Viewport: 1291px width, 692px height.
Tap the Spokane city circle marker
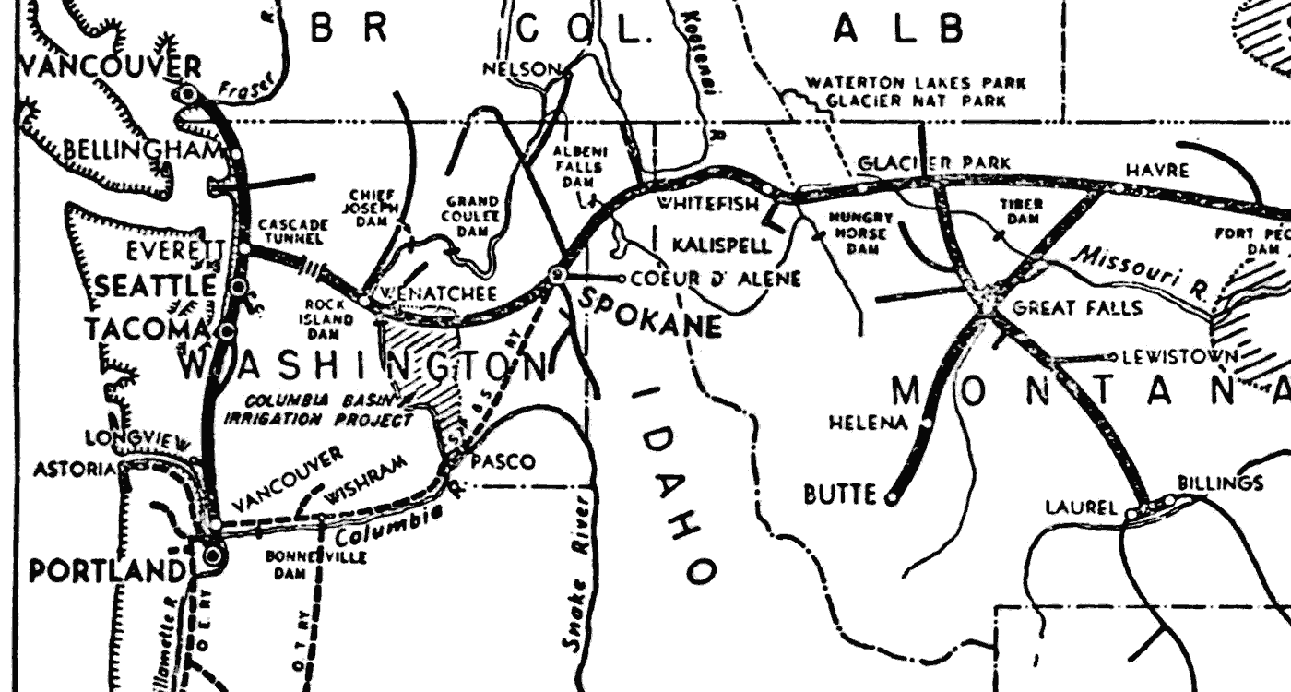tap(557, 275)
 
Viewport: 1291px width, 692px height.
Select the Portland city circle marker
tap(214, 555)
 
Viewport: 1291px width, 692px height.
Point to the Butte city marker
tap(891, 498)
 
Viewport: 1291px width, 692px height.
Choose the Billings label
tap(1220, 483)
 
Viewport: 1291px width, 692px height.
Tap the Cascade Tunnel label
tap(292, 232)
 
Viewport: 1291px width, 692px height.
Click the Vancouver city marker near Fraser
tap(188, 93)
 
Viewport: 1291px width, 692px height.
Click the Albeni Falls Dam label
tap(578, 167)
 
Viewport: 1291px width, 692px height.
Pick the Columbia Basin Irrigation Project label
tap(318, 411)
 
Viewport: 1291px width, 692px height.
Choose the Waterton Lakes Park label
tap(915, 82)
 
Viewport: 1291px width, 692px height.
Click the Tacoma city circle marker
tap(225, 329)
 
